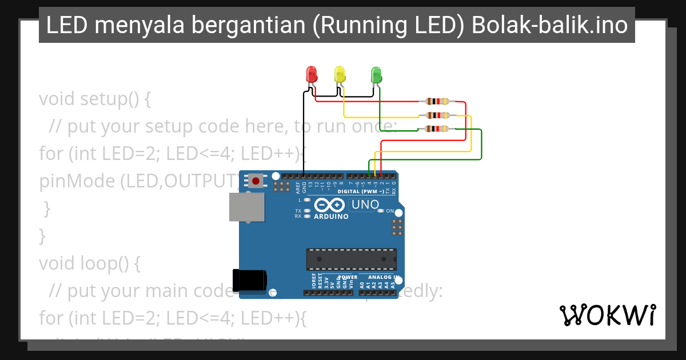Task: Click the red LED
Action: click(x=312, y=74)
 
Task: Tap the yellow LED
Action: click(x=340, y=74)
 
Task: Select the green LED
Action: click(x=376, y=74)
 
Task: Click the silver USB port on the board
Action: click(x=247, y=207)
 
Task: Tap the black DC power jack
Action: click(x=249, y=279)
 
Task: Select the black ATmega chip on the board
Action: click(x=352, y=259)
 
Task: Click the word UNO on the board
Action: click(x=365, y=205)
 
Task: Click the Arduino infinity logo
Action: click(x=329, y=205)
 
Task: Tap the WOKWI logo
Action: click(x=608, y=315)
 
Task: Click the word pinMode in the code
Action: click(x=77, y=181)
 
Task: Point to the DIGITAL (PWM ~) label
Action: click(x=360, y=191)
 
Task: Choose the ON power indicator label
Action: click(x=390, y=211)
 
